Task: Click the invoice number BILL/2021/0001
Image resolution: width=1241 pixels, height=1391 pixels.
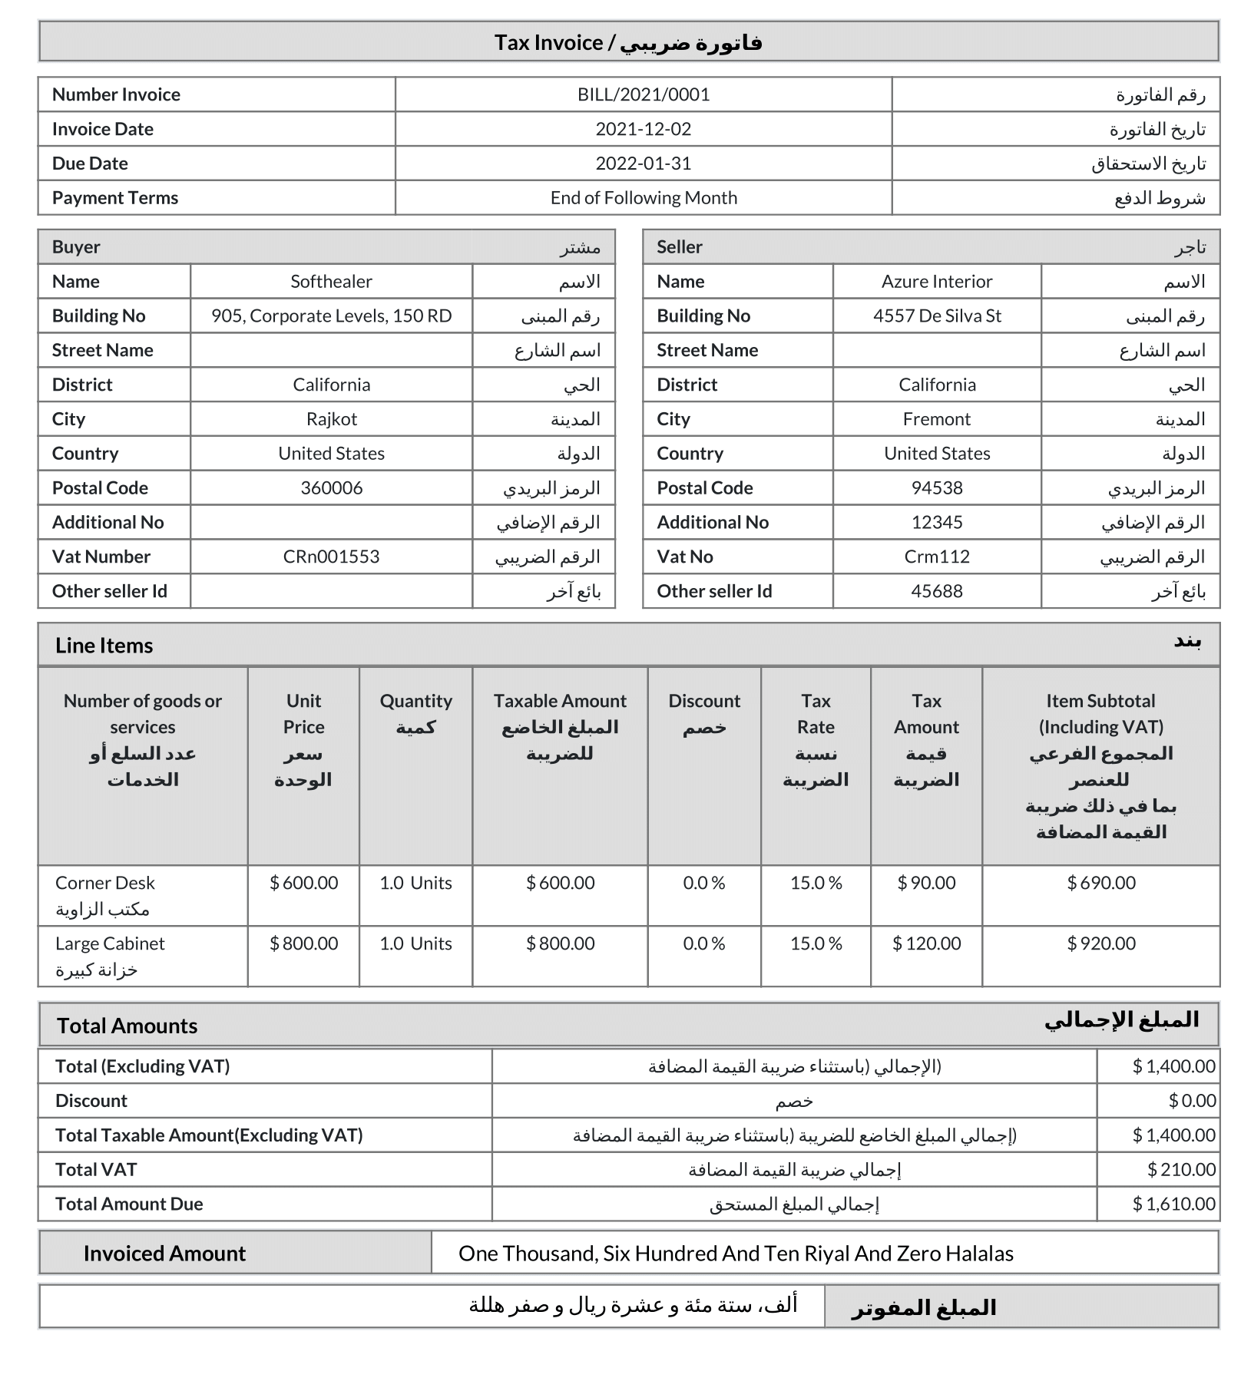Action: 644,94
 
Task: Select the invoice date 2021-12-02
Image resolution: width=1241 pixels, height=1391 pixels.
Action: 644,129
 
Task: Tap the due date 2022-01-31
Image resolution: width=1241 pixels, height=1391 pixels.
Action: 644,164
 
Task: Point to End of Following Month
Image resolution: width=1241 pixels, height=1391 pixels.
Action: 644,198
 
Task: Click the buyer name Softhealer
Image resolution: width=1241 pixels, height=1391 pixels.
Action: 331,282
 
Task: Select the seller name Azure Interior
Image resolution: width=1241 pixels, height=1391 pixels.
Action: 937,282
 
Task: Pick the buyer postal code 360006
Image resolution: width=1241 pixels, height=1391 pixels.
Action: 331,488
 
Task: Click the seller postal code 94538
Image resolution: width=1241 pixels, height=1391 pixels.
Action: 937,488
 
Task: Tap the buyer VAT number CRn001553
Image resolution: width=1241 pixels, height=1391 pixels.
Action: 331,557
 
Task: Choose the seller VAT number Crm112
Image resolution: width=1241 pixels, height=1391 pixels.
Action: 937,557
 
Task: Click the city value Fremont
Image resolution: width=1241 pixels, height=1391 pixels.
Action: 937,419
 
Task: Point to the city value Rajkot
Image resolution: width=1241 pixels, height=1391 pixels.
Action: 331,419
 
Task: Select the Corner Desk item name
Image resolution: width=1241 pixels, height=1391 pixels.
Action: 105,883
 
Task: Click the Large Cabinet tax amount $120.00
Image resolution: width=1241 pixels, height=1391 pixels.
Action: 926,943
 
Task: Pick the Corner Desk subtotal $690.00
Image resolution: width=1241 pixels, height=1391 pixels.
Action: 1100,883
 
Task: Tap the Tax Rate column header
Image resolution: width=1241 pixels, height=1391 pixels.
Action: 816,714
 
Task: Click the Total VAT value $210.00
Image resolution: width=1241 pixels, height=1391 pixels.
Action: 1181,1169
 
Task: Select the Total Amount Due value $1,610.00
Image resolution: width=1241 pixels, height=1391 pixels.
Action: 1173,1204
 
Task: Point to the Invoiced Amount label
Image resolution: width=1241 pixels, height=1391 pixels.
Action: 164,1254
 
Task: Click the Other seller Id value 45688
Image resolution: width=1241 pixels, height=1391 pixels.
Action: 937,591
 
